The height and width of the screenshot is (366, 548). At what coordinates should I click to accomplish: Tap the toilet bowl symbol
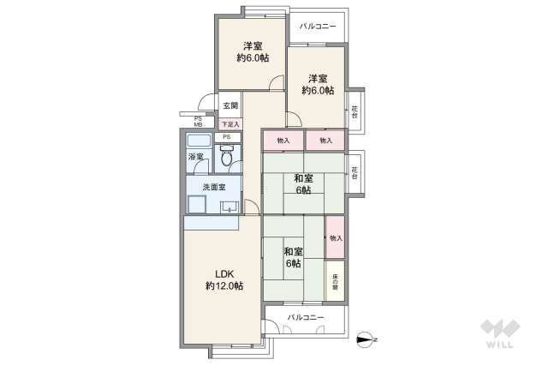pyautogui.click(x=226, y=157)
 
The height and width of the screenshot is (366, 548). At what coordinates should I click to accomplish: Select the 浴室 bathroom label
pyautogui.click(x=196, y=157)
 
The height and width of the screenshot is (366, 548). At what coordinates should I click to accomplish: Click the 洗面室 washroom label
pyautogui.click(x=214, y=187)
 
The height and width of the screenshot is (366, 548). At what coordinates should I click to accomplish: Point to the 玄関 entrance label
pyautogui.click(x=230, y=106)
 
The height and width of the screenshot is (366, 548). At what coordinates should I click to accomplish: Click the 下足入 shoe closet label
pyautogui.click(x=229, y=124)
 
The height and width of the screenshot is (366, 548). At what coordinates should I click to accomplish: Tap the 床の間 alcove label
pyautogui.click(x=335, y=281)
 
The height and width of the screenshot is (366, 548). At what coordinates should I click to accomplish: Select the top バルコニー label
pyautogui.click(x=318, y=27)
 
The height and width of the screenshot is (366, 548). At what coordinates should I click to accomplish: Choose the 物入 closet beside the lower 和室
pyautogui.click(x=335, y=237)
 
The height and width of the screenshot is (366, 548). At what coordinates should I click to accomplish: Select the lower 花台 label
pyautogui.click(x=354, y=171)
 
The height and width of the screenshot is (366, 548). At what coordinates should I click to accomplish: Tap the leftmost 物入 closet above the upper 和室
pyautogui.click(x=283, y=140)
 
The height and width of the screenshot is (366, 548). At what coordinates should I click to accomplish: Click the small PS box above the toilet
pyautogui.click(x=226, y=137)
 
